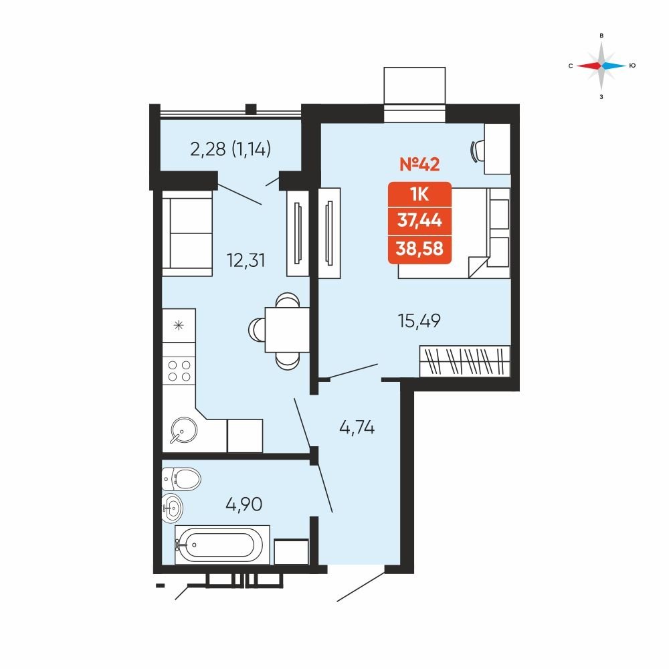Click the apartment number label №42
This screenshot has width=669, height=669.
(x=419, y=164)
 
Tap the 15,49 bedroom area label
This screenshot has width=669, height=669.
(x=419, y=321)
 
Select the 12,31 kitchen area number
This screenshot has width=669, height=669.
(x=246, y=260)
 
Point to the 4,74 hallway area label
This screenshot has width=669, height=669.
(x=357, y=427)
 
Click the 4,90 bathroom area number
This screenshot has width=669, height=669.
(x=244, y=504)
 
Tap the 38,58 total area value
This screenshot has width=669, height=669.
(x=419, y=248)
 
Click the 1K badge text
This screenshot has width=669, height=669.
(x=419, y=195)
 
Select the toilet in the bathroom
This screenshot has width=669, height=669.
(x=181, y=479)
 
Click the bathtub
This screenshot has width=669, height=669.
(x=222, y=545)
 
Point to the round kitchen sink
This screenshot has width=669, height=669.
(x=184, y=430)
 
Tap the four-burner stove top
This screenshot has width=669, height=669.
(x=179, y=371)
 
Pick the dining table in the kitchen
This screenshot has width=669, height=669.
(x=287, y=330)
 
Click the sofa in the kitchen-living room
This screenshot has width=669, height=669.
(x=187, y=233)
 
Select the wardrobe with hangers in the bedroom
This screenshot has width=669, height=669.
(x=465, y=361)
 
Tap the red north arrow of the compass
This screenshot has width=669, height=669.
(x=589, y=66)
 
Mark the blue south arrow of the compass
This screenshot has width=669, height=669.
(x=614, y=66)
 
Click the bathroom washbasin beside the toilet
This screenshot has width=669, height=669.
(x=173, y=508)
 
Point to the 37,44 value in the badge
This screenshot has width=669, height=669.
(x=419, y=221)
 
